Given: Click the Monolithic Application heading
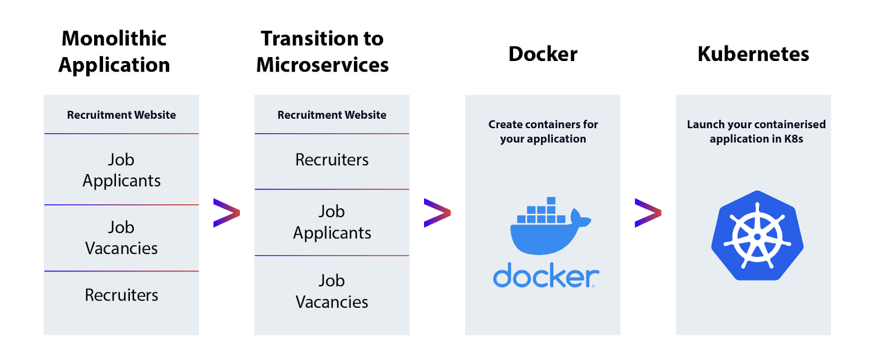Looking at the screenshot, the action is coord(114,52).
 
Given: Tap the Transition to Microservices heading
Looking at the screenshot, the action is coord(322,52).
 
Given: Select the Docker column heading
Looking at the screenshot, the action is coord(543,54).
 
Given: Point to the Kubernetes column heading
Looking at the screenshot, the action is coord(753,54).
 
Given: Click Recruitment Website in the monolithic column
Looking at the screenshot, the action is coord(122,115).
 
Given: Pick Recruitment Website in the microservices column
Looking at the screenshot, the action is coord(332,115).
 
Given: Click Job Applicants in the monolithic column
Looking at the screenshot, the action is coord(122,170).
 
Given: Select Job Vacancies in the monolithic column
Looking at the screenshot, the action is coord(122,237).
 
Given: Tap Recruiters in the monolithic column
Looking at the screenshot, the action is coord(122,295).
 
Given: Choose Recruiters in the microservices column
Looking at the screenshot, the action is coord(332,160).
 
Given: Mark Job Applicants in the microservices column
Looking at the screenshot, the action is coord(332,222).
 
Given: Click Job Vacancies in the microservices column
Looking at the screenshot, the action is coord(332,291).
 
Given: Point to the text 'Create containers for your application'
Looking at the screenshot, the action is coord(543,132).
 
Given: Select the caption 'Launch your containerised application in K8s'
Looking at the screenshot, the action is coord(756,132).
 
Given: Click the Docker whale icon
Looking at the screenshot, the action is coord(550,226).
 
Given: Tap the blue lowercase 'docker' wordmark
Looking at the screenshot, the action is coord(546,275).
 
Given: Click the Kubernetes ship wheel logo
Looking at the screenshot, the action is coord(757,236).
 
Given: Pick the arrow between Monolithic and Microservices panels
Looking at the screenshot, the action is coord(227,213).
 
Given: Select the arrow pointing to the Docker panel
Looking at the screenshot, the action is coord(437,213).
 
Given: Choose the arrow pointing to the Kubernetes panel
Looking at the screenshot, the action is coord(648,213).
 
